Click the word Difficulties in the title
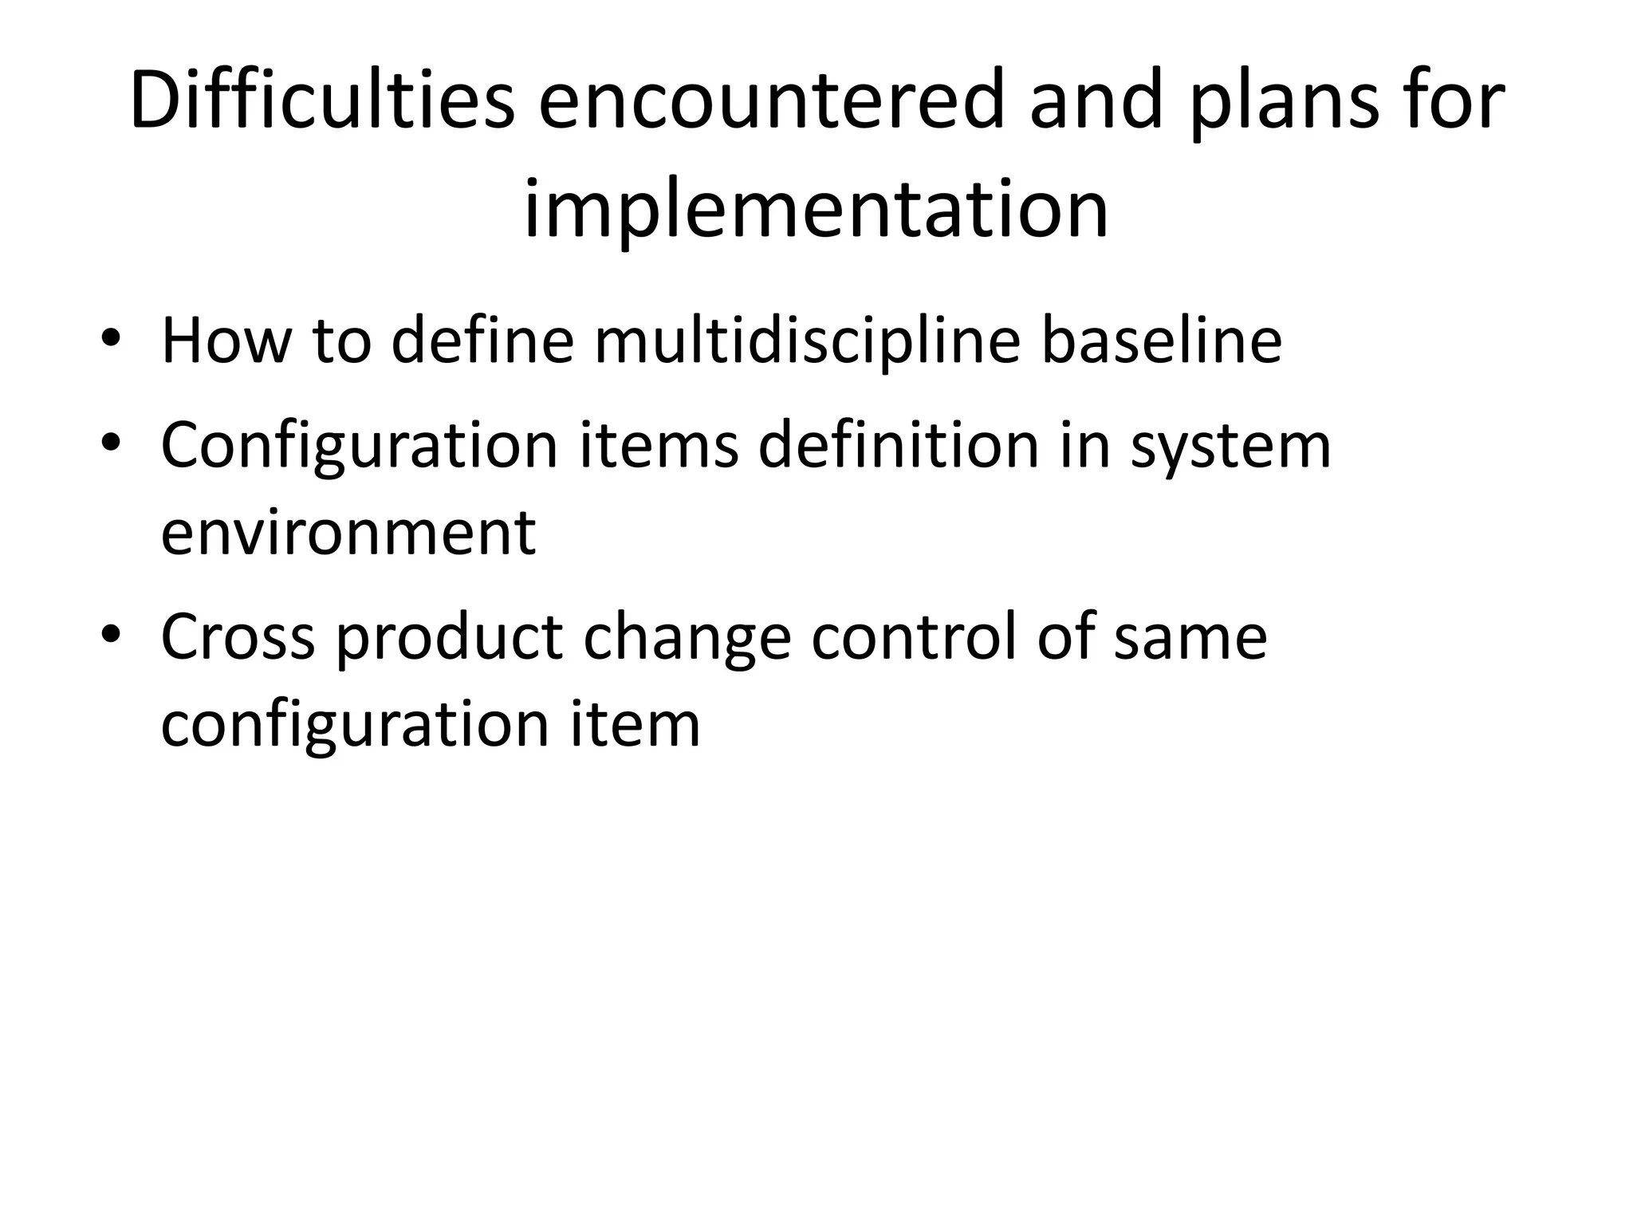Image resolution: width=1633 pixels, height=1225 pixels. point(322,102)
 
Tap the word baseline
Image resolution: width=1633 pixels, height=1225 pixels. point(1161,341)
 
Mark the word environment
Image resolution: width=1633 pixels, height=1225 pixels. point(348,533)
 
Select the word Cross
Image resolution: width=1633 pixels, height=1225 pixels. point(238,638)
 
